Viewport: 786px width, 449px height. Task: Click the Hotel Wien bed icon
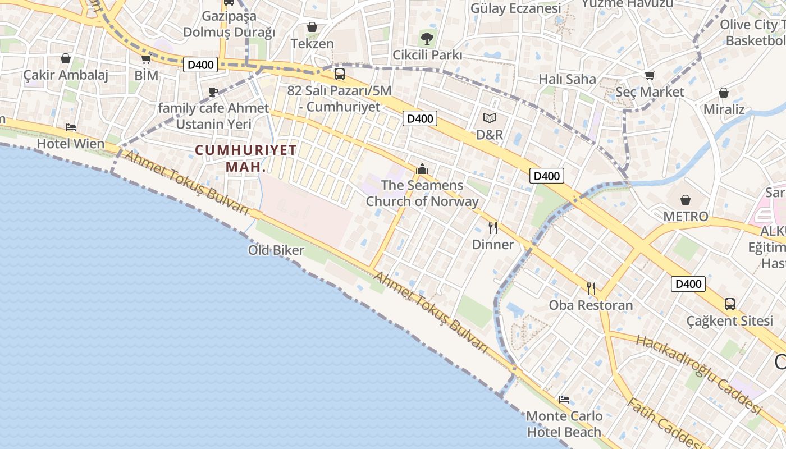[x=70, y=127]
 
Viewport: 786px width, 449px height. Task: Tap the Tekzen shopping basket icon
[x=312, y=27]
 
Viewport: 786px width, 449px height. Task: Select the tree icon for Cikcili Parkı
[x=427, y=39]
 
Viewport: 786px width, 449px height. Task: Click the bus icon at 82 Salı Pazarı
[x=339, y=74]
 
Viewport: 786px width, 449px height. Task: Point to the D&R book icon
[x=490, y=118]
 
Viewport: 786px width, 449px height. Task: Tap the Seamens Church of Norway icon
[x=422, y=169]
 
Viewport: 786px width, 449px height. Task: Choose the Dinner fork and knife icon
[x=493, y=228]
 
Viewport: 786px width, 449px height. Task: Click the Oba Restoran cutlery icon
[x=591, y=288]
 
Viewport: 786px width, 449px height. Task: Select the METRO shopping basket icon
[x=686, y=200]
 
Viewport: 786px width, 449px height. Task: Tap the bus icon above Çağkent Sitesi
[x=729, y=304]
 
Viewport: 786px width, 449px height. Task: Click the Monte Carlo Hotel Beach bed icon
[x=564, y=400]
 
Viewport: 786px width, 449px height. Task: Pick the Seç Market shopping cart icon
[x=650, y=75]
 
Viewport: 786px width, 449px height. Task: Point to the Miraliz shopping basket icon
[x=724, y=93]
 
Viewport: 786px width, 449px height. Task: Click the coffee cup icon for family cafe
[x=213, y=91]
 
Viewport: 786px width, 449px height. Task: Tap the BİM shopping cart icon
[x=146, y=59]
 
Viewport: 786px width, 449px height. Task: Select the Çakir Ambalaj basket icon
[x=66, y=58]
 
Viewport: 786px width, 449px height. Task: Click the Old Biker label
[x=276, y=250]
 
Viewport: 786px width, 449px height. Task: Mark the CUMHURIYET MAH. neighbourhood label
[x=245, y=158]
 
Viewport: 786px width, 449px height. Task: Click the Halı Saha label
[x=567, y=79]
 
